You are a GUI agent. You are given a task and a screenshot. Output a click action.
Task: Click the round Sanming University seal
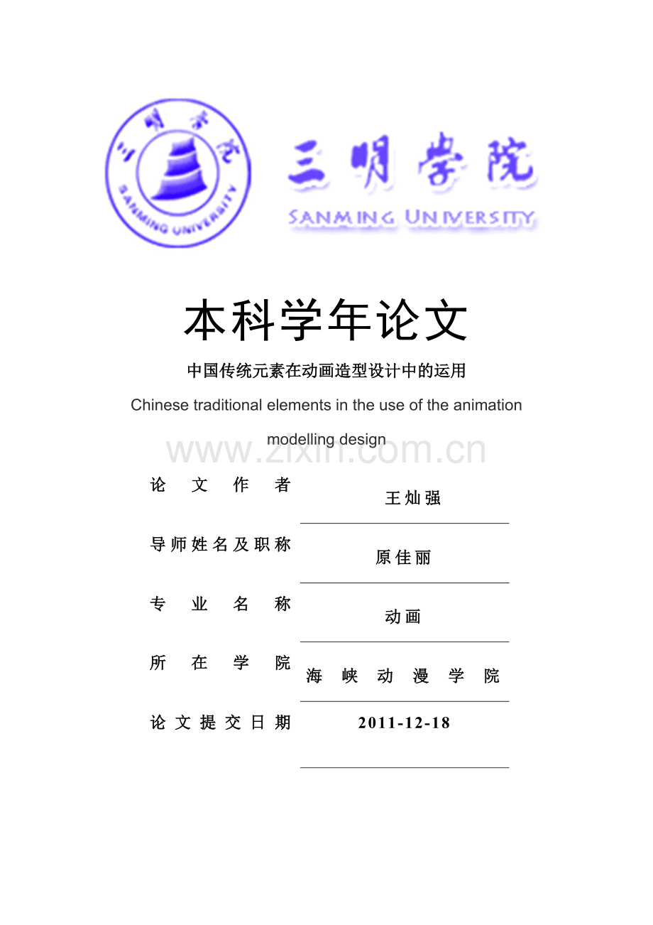(x=178, y=173)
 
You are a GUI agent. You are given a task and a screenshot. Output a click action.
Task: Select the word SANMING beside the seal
(x=341, y=218)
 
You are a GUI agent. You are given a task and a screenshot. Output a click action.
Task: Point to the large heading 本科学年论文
(x=326, y=321)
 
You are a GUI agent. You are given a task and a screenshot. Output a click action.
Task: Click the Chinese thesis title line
(x=326, y=371)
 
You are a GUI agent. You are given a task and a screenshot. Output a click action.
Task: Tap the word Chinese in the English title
(x=160, y=406)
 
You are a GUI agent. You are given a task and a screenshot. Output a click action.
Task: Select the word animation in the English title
(x=488, y=406)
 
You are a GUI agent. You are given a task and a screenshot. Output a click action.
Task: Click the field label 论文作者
(x=221, y=485)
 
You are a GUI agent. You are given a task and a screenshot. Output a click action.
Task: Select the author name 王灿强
(x=413, y=499)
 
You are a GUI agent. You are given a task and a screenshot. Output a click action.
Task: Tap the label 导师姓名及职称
(x=221, y=545)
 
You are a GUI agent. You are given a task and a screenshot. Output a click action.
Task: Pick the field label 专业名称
(x=221, y=605)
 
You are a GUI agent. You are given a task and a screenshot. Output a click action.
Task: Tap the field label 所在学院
(x=221, y=664)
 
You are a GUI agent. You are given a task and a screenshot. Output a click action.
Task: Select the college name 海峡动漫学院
(x=403, y=676)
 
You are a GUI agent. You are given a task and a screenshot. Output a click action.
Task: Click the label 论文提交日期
(x=221, y=723)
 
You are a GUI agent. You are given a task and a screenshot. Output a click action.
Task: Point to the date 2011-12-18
(x=404, y=723)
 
